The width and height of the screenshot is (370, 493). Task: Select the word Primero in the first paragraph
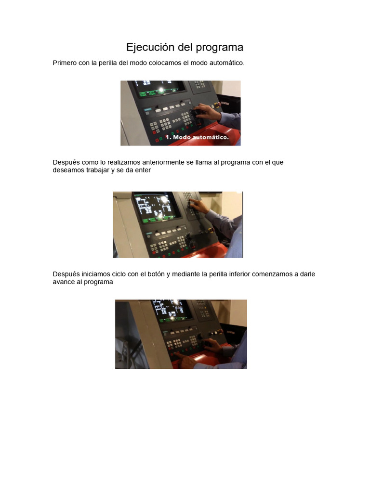point(65,63)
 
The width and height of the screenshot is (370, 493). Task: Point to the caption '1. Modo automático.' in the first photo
point(197,137)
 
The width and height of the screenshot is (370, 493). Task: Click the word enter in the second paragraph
point(143,170)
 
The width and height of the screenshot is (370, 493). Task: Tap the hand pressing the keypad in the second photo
point(198,206)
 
